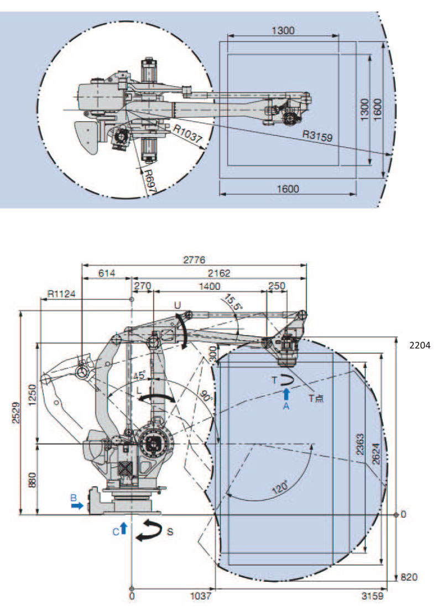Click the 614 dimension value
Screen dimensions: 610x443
point(107,273)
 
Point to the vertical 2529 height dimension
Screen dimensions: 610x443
point(17,413)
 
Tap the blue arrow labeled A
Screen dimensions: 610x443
point(286,394)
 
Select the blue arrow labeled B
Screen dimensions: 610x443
point(79,505)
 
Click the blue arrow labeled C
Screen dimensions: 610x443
point(123,528)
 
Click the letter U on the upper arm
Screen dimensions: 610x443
point(177,305)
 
